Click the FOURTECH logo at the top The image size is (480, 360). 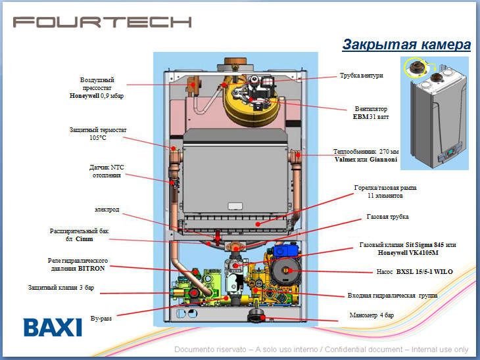(103, 22)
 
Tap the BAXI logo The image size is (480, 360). (53, 327)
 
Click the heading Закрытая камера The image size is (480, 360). (406, 45)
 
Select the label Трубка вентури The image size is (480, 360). (361, 76)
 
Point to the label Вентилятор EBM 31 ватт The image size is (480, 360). (370, 112)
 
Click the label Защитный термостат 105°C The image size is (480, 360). (99, 134)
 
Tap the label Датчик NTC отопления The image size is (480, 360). (107, 171)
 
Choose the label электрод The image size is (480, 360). (107, 210)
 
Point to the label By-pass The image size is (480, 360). (101, 319)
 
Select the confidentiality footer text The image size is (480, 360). (321, 349)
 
